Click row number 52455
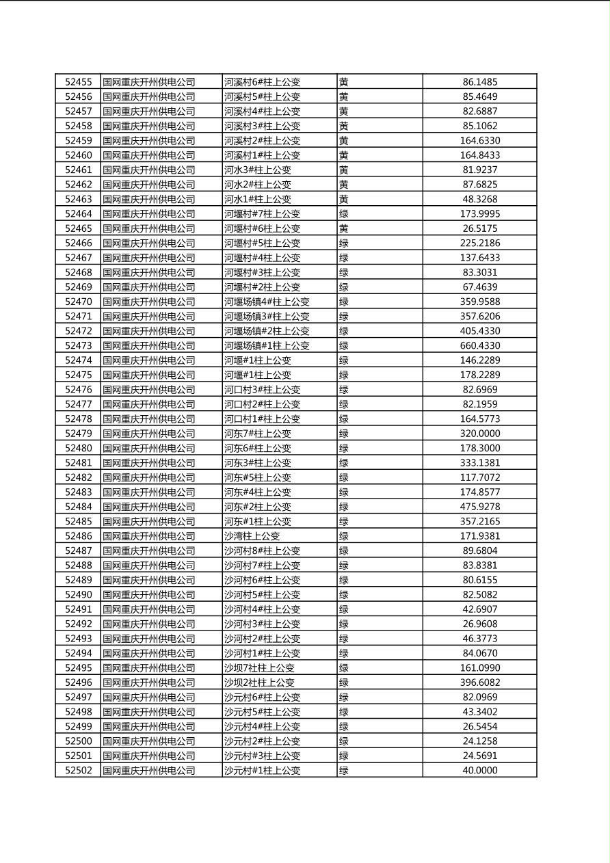click(x=78, y=82)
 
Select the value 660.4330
click(x=479, y=346)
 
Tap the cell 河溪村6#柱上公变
click(x=262, y=82)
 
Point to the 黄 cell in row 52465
click(x=344, y=228)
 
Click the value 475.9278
click(x=479, y=507)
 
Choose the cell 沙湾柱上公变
click(x=252, y=536)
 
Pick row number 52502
click(x=78, y=771)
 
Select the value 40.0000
click(x=479, y=771)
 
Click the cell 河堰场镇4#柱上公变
click(x=267, y=302)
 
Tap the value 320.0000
click(x=479, y=434)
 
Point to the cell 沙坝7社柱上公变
click(x=259, y=668)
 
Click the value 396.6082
click(x=479, y=682)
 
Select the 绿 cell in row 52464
click(x=344, y=214)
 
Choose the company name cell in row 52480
click(x=149, y=449)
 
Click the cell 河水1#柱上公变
click(x=258, y=199)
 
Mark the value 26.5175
click(x=479, y=228)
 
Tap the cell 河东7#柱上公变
click(x=258, y=434)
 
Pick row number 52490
click(x=78, y=595)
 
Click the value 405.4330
click(x=479, y=331)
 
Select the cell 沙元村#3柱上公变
click(x=262, y=756)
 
